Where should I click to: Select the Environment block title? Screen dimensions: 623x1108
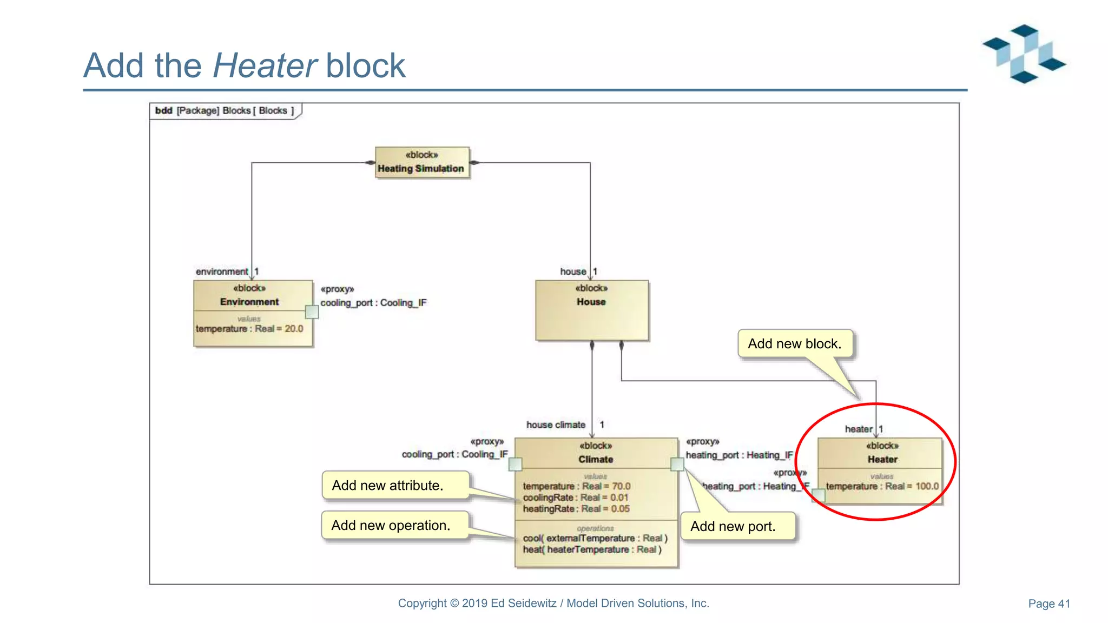pyautogui.click(x=249, y=302)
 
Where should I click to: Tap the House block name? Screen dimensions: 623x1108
pyautogui.click(x=591, y=302)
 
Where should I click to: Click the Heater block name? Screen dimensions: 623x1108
pyautogui.click(x=882, y=459)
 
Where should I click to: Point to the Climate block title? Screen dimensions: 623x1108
pyautogui.click(x=596, y=459)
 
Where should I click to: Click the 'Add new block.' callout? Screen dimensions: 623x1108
pyautogui.click(x=794, y=344)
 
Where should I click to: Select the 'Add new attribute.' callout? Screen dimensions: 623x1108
pyautogui.click(x=387, y=486)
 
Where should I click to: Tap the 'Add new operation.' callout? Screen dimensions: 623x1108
pyautogui.click(x=391, y=526)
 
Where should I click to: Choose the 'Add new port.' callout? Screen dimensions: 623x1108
pyautogui.click(x=733, y=527)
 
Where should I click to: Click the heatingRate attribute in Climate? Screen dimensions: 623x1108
pyautogui.click(x=576, y=509)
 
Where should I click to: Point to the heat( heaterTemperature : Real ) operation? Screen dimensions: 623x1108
pyautogui.click(x=592, y=549)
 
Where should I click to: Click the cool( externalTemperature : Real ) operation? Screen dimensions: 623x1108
pyautogui.click(x=595, y=538)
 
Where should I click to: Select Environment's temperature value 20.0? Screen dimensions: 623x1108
pyautogui.click(x=294, y=329)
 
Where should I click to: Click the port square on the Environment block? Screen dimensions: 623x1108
pyautogui.click(x=312, y=312)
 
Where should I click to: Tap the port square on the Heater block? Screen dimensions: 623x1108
pyautogui.click(x=819, y=495)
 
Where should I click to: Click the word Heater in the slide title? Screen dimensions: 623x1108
pyautogui.click(x=265, y=66)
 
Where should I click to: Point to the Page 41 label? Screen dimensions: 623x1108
pyautogui.click(x=1048, y=604)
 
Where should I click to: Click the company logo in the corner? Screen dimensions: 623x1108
pyautogui.click(x=1024, y=54)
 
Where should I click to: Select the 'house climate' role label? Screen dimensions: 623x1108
pyautogui.click(x=556, y=425)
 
